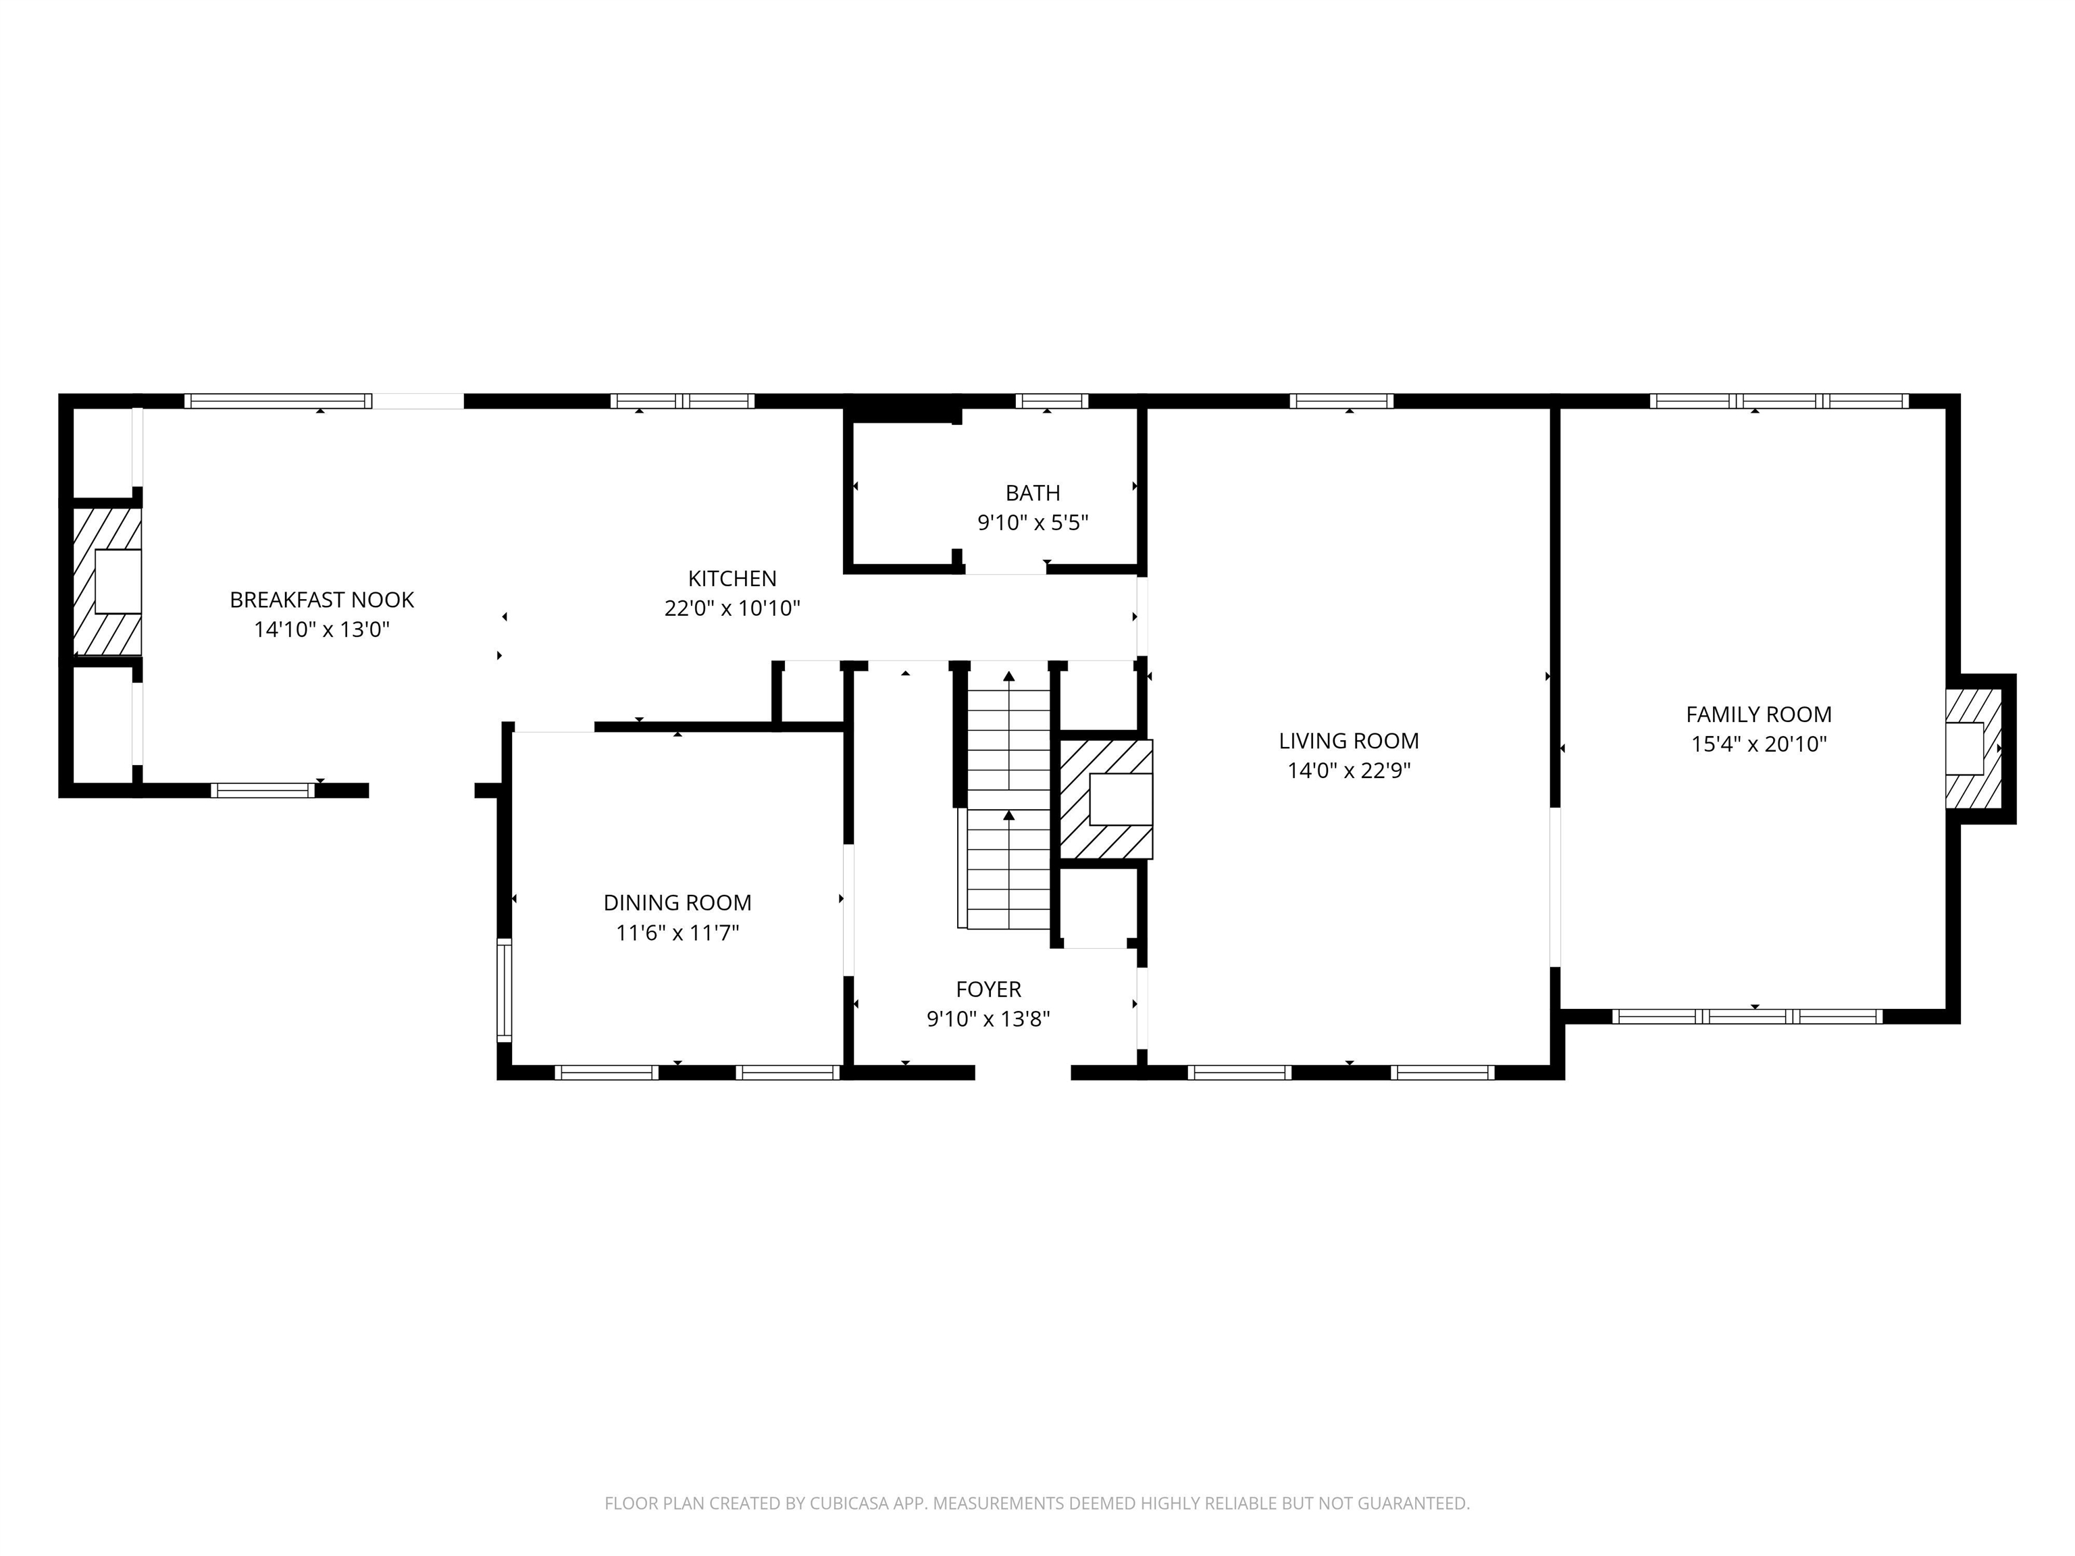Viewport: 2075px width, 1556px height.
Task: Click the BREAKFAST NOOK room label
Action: click(322, 599)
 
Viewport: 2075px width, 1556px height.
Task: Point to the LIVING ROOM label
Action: click(1349, 740)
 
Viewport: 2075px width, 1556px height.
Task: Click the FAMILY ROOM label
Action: click(1759, 714)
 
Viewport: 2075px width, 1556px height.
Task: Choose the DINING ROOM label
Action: click(677, 902)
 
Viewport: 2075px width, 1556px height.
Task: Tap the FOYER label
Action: click(989, 989)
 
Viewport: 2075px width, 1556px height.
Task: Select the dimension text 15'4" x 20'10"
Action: click(1759, 744)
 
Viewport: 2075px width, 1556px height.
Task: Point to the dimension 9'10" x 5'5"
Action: click(1033, 523)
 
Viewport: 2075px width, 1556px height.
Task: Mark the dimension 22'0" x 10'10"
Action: click(733, 608)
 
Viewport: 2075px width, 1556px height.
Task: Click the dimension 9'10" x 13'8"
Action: click(989, 1018)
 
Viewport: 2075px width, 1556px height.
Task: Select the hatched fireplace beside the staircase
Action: click(1106, 799)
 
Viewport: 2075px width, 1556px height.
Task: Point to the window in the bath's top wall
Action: click(1052, 401)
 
